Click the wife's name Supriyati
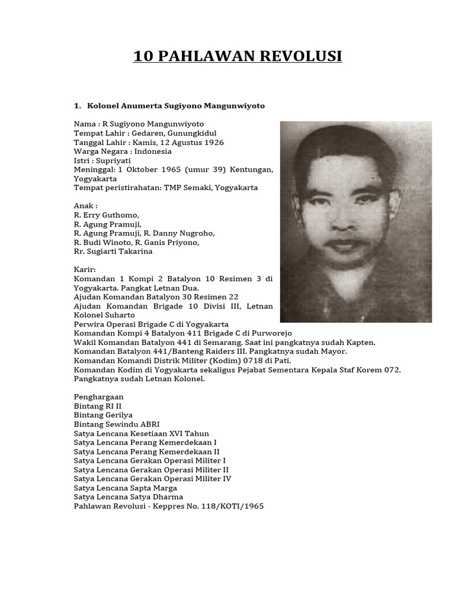click(x=114, y=160)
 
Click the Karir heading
click(x=84, y=269)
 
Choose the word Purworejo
click(x=271, y=333)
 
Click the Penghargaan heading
click(x=98, y=397)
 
